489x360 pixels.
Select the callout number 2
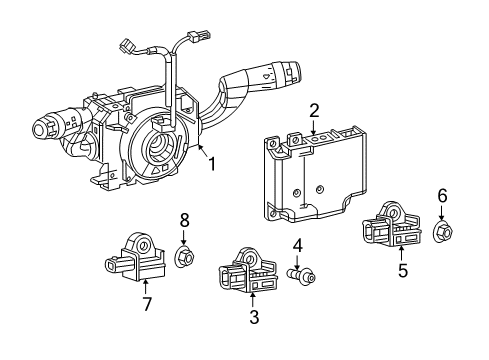[x=313, y=111]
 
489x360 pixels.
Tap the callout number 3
[x=253, y=318]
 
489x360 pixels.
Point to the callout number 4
[x=297, y=245]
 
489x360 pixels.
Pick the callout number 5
[x=404, y=269]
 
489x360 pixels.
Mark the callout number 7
[x=146, y=304]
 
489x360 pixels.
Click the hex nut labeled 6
[x=444, y=233]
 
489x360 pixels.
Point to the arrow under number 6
[x=443, y=214]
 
